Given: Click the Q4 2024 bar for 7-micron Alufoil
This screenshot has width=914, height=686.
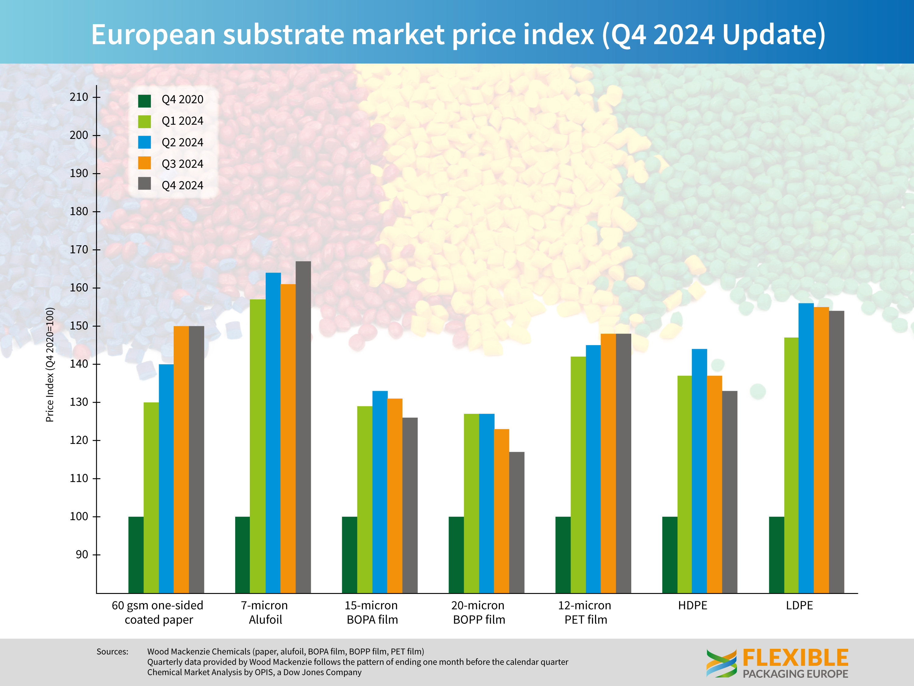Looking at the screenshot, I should [303, 426].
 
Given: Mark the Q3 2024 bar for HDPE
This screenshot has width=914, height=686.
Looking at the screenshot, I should [714, 484].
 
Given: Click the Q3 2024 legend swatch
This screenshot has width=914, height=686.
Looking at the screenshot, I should [145, 163].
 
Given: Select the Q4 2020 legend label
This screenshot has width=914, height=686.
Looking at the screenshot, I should [182, 100].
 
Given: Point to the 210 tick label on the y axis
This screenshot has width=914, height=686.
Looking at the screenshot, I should [79, 97].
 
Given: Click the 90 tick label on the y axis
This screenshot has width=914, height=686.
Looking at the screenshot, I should [82, 555].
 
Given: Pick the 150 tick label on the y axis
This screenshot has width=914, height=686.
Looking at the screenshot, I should [79, 326].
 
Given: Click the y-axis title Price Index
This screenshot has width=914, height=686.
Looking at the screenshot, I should [50, 365].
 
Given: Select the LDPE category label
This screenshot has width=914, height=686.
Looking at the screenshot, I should [799, 606].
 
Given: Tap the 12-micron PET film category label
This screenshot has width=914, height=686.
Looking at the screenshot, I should [585, 613].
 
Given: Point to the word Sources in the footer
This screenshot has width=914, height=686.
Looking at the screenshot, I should [112, 652].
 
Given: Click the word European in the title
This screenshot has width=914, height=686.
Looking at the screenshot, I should [153, 34].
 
